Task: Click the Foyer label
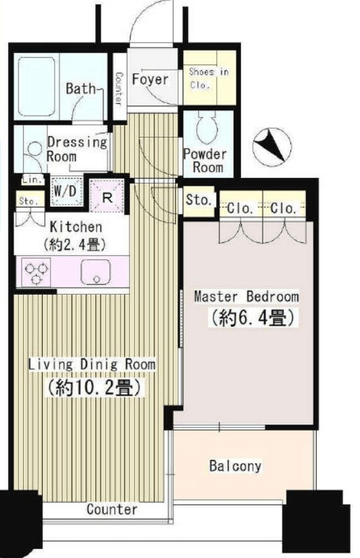150,79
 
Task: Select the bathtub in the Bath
36,87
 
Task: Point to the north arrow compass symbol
272,146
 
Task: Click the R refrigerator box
107,197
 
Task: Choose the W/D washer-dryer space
66,192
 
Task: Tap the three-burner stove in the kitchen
36,272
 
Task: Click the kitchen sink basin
95,272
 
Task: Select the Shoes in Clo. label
208,78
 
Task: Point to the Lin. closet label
32,180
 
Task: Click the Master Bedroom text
246,297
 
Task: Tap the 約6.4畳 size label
253,318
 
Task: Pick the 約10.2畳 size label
94,387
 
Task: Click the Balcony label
235,466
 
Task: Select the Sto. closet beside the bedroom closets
198,202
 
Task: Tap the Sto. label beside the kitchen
28,201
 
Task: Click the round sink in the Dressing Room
35,149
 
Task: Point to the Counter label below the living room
112,509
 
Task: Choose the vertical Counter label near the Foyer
120,89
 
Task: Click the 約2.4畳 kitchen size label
75,245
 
